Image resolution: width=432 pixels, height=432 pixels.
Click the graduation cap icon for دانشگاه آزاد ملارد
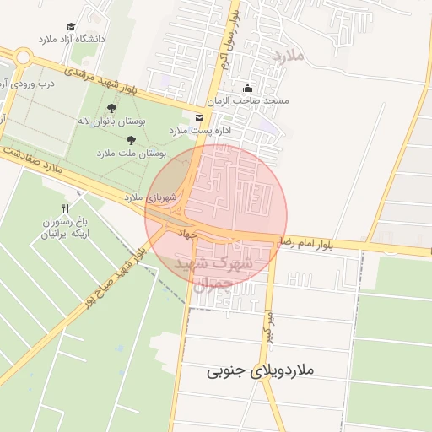72,27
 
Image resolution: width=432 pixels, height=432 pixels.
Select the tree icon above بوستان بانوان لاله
111,108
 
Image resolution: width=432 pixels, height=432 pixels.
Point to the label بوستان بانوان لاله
111,121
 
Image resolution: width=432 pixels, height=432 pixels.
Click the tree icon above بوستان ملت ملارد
130,140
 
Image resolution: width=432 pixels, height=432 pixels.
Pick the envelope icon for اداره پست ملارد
199,117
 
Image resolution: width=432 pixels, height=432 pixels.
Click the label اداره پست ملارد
199,131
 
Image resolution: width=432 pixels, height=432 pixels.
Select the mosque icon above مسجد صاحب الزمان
247,88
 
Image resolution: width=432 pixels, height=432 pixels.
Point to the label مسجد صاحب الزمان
253,100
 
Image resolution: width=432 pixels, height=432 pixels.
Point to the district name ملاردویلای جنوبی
260,370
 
